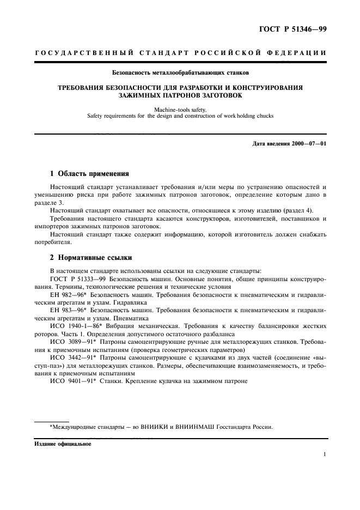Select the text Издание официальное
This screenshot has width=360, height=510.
pos(63,444)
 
